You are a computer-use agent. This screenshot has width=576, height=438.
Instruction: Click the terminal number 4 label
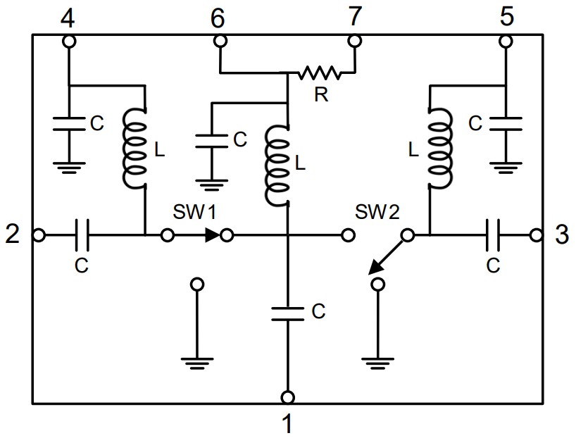pos(68,18)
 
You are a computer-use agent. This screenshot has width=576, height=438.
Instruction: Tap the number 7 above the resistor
pos(355,18)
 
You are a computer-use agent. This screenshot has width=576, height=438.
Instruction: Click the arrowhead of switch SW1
pos(211,234)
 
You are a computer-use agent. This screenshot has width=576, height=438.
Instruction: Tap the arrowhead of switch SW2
pos(375,268)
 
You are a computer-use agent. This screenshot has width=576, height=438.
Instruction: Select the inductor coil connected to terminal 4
pos(136,146)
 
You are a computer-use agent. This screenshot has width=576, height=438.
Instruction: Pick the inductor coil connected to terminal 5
pos(438,146)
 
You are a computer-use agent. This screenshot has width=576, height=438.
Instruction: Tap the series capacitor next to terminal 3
pos(493,234)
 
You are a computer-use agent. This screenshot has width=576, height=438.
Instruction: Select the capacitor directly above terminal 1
pos(287,311)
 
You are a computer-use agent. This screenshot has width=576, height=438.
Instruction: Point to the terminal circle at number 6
pos(220,41)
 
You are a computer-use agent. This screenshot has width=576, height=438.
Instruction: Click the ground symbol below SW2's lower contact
pos(377,363)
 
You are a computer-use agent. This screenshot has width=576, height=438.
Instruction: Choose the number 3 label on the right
pos(562,234)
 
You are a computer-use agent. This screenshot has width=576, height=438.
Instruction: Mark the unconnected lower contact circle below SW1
pos(198,284)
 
